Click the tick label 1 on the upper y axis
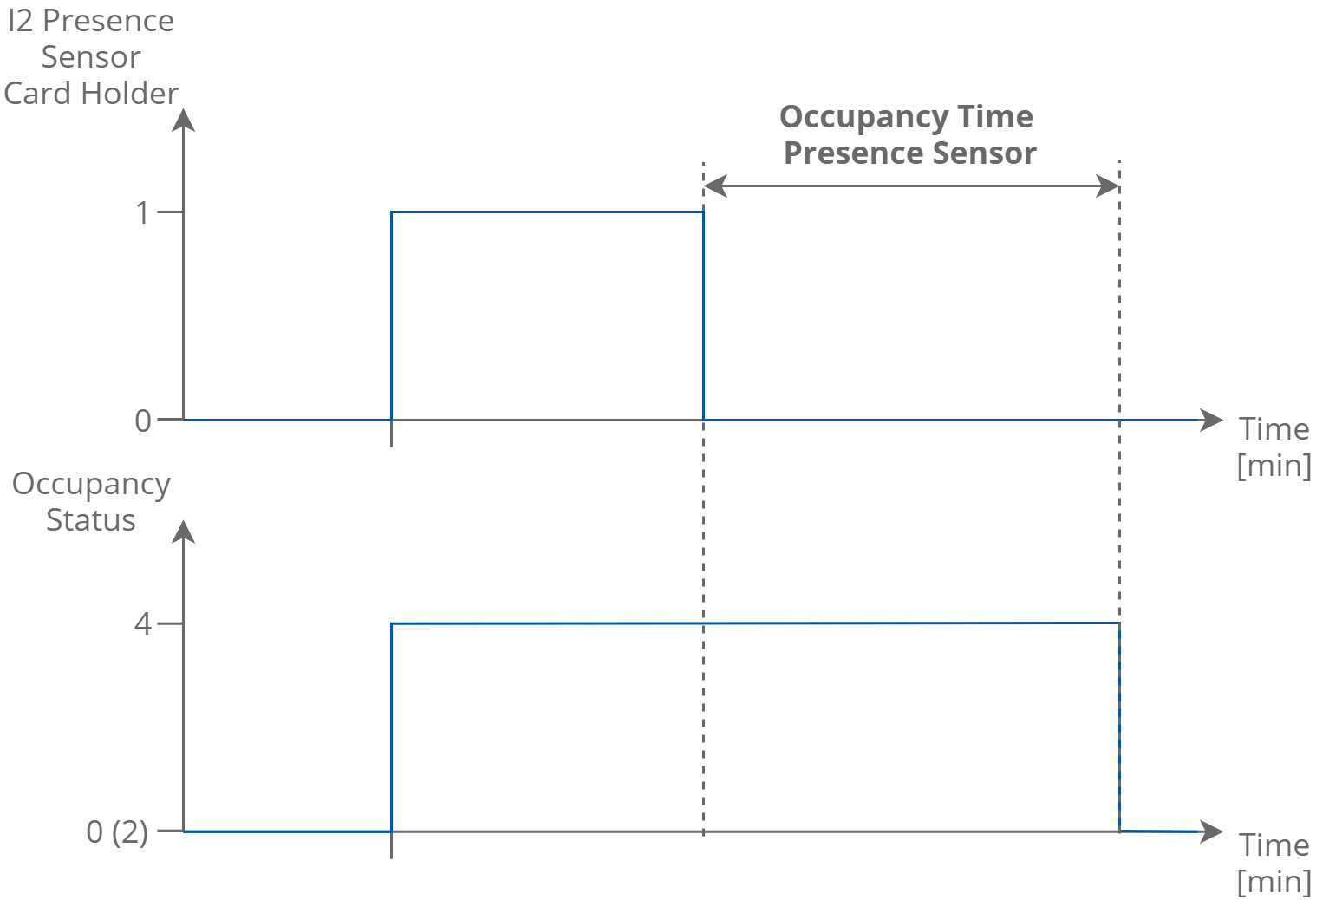tap(143, 212)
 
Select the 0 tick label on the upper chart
tap(143, 421)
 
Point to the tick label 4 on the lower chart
tap(143, 623)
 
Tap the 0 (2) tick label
tap(117, 832)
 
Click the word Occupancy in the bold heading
tap(863, 117)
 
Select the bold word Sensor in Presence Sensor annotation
tap(984, 153)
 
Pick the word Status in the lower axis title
tap(90, 520)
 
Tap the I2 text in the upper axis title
tap(20, 21)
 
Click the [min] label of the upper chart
tap(1274, 466)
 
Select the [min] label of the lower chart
tap(1274, 882)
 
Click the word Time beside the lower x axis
tap(1274, 845)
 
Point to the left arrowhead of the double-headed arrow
tap(713, 186)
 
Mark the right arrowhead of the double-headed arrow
tap(1109, 186)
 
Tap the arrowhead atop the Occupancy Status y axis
tap(184, 531)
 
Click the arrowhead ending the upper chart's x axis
tap(1211, 421)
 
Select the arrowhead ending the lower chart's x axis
tap(1211, 832)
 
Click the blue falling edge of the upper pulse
tap(703, 316)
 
